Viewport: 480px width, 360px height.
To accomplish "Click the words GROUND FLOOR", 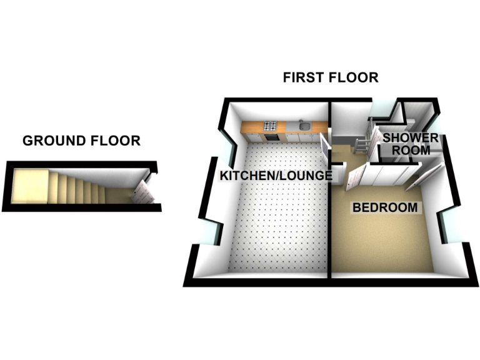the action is click(x=81, y=141).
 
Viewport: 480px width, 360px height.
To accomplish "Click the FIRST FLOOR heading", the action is click(x=331, y=77).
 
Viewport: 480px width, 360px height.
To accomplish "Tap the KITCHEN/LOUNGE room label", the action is click(x=275, y=176).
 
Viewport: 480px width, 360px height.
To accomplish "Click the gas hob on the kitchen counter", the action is click(x=271, y=125).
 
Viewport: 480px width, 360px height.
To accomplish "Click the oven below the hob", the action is click(x=271, y=136).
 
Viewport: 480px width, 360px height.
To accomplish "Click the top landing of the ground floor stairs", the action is click(x=29, y=186).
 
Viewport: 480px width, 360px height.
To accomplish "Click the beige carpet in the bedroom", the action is click(x=381, y=244).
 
